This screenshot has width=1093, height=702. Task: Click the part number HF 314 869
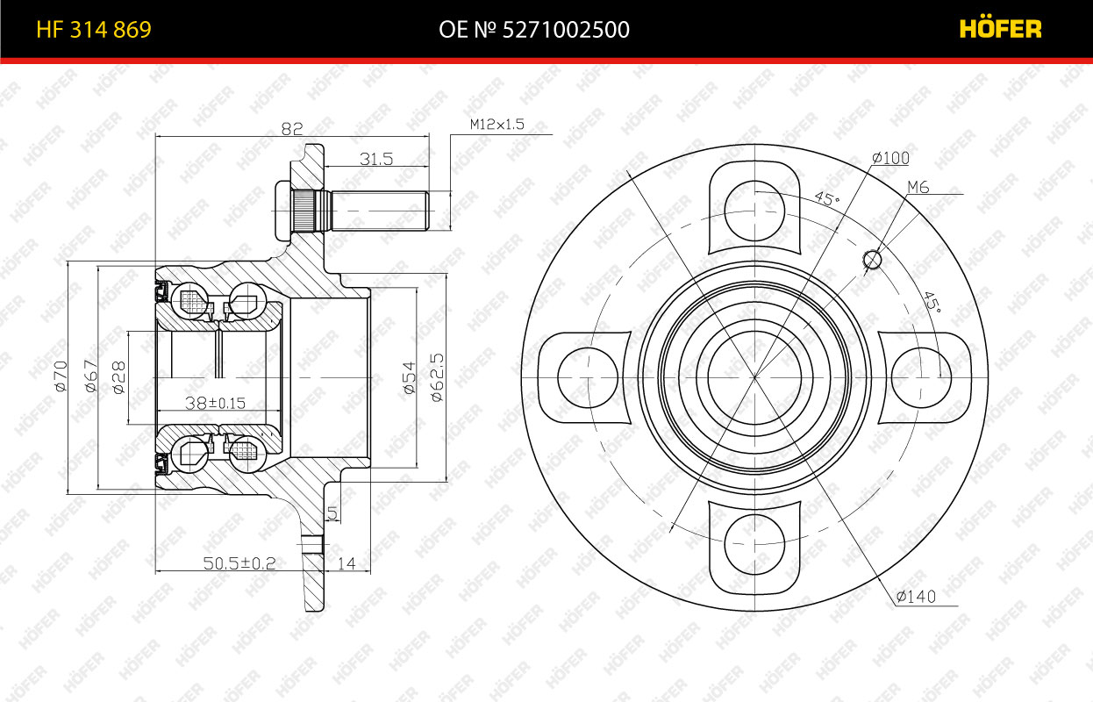[x=94, y=30]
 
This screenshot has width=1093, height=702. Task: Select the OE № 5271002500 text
[x=534, y=30]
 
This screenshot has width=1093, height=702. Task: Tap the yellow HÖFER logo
[x=1000, y=28]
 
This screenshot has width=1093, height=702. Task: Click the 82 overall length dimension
[x=292, y=128]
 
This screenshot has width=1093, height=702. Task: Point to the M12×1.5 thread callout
[x=496, y=124]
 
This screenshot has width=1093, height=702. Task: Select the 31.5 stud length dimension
[x=376, y=159]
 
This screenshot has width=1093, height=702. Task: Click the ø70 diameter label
[x=61, y=376]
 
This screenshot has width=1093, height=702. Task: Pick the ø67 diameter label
[x=91, y=376]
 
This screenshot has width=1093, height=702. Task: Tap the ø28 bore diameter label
[x=118, y=377]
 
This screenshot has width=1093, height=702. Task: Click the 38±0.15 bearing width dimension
[x=215, y=403]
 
